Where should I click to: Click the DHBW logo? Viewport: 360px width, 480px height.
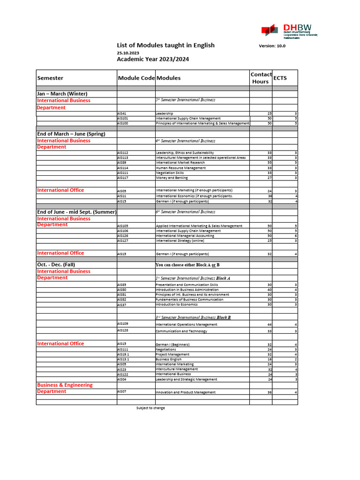click(x=285, y=30)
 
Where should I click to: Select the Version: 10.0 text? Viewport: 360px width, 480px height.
click(x=272, y=46)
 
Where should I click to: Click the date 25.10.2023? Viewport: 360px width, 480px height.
click(x=128, y=53)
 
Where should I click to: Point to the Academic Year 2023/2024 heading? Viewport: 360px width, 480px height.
click(x=153, y=59)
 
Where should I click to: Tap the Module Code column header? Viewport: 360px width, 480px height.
click(x=136, y=78)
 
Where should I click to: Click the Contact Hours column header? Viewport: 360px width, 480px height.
click(x=261, y=78)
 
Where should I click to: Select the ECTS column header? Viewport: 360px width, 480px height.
click(x=281, y=78)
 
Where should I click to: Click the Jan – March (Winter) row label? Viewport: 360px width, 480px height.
click(x=62, y=94)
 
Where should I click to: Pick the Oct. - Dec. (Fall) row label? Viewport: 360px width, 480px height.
click(x=56, y=265)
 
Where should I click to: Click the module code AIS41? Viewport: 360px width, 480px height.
click(x=122, y=113)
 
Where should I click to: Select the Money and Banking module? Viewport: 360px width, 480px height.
click(x=172, y=178)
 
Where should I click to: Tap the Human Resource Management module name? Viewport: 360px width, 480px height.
click(x=180, y=168)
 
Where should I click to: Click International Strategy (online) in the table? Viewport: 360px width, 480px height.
click(x=180, y=240)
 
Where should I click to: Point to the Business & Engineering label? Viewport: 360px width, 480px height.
click(x=65, y=385)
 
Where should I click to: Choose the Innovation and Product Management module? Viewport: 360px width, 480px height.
click(x=186, y=392)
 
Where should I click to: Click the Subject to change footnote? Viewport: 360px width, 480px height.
click(x=150, y=408)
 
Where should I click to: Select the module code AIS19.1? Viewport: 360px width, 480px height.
click(x=123, y=354)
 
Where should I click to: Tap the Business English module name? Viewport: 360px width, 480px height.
click(x=168, y=360)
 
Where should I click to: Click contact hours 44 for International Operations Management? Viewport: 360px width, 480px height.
click(x=269, y=324)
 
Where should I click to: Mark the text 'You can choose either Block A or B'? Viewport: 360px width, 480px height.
click(x=187, y=265)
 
